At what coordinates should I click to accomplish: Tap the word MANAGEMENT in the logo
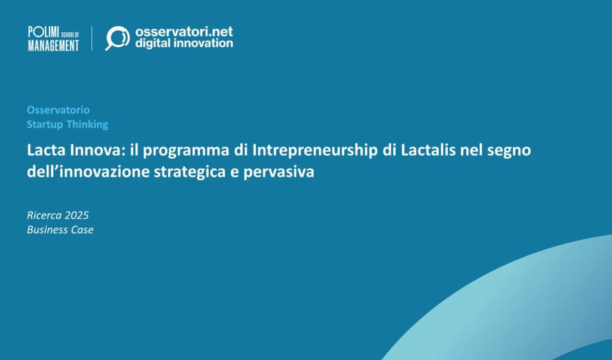point(53,45)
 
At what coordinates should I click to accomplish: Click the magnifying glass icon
point(117,38)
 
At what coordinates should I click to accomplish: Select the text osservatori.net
point(184,31)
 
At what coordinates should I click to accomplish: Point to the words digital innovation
point(184,44)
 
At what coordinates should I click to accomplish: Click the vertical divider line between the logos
point(92,38)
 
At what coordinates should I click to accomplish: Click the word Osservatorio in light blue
point(58,110)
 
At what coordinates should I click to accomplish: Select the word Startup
point(45,124)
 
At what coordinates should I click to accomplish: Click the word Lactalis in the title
point(433,150)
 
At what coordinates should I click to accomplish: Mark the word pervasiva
point(281,173)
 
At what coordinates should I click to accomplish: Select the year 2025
point(76,215)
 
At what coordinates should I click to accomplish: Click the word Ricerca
point(45,215)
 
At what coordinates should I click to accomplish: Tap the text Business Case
point(60,230)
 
